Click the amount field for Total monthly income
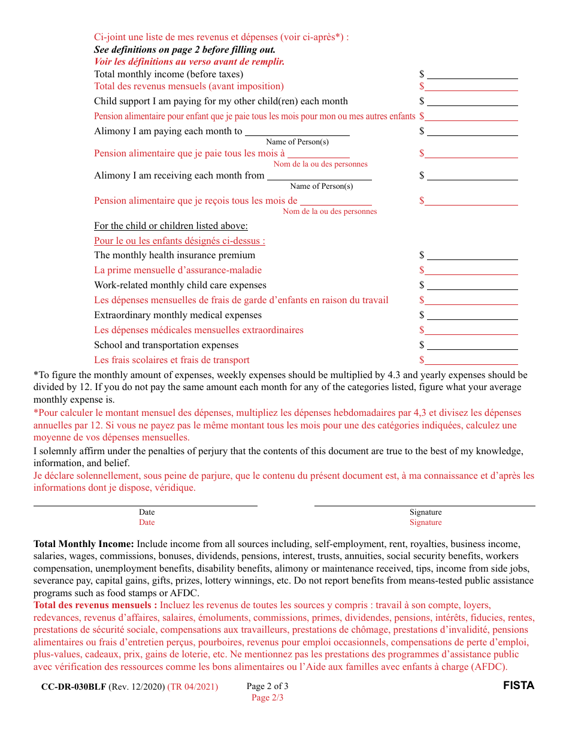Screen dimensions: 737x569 click(x=472, y=74)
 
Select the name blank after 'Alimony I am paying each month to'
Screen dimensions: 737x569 click(x=297, y=131)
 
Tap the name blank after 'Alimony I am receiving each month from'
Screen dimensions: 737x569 click(x=319, y=176)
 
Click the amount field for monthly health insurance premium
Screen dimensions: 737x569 click(x=472, y=255)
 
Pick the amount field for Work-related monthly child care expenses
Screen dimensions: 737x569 click(x=472, y=285)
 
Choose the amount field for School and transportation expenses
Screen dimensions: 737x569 click(x=472, y=345)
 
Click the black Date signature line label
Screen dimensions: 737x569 click(x=147, y=512)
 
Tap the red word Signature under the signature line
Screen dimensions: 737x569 click(x=425, y=522)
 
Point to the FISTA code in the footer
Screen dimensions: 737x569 click(x=518, y=685)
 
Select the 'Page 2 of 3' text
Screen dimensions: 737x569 click(x=267, y=687)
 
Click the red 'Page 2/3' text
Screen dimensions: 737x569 click(x=267, y=697)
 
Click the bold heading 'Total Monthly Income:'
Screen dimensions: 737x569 click(x=84, y=544)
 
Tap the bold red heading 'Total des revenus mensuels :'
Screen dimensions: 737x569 click(x=95, y=605)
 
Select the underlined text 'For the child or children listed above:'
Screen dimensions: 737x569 click(x=171, y=226)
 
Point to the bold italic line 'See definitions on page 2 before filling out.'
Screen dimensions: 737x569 click(x=184, y=50)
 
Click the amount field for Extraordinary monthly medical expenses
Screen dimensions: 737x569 click(x=472, y=315)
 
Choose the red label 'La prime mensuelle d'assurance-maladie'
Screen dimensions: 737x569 click(x=178, y=270)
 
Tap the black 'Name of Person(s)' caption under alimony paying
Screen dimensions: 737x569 click(x=297, y=142)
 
